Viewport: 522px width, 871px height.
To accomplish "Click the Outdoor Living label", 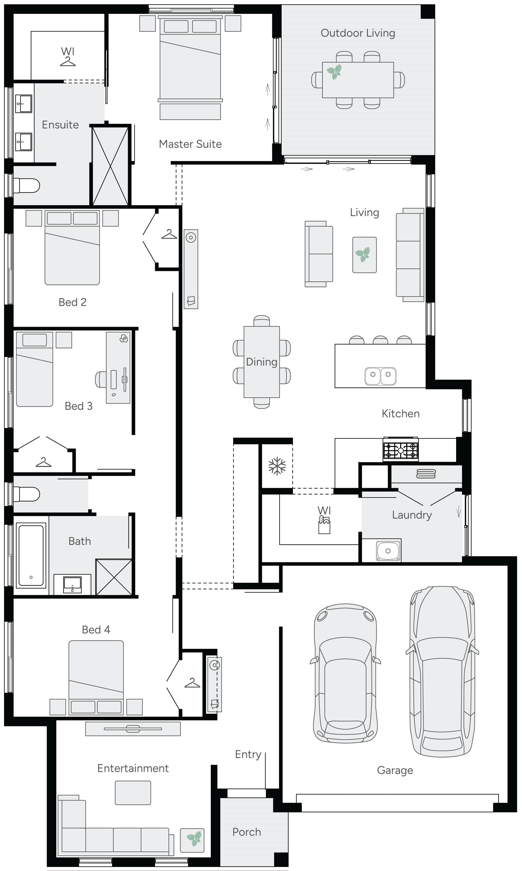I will tap(358, 33).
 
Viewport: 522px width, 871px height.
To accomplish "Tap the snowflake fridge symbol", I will tap(277, 466).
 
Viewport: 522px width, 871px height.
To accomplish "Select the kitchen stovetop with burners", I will tap(401, 450).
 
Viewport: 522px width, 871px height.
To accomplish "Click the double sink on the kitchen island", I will tap(380, 376).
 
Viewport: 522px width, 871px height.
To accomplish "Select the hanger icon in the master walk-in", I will tap(68, 62).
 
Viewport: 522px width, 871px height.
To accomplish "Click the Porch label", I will tap(247, 832).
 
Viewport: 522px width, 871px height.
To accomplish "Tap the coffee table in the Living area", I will tap(364, 255).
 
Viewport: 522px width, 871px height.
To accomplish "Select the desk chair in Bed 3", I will tap(101, 379).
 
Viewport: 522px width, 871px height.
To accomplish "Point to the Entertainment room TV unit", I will tap(133, 729).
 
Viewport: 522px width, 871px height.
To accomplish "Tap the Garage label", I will tap(395, 770).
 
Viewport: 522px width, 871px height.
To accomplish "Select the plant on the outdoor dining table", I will tap(334, 72).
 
